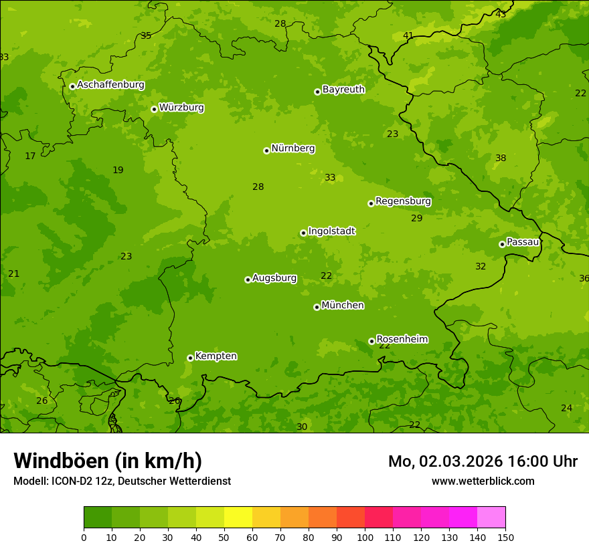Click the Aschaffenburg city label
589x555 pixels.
pos(110,85)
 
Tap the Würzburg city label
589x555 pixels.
pos(181,108)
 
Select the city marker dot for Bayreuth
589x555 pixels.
pos(317,92)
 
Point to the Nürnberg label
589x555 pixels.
pos(292,148)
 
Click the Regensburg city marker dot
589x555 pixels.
pos(371,203)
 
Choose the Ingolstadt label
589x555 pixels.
pos(331,231)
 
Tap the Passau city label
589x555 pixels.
pos(523,242)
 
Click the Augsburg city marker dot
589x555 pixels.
pos(248,280)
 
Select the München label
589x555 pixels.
pos(343,306)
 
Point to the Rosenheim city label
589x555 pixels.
pos(402,340)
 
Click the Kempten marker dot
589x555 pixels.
pos(190,358)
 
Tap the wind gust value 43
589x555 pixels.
pos(501,14)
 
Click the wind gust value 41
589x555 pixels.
pos(408,35)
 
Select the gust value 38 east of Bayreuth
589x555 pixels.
pos(501,158)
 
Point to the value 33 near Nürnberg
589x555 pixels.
pos(330,178)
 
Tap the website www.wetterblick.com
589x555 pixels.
pos(483,481)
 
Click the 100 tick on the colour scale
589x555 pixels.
pos(365,537)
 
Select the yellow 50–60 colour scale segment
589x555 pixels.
pos(238,518)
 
